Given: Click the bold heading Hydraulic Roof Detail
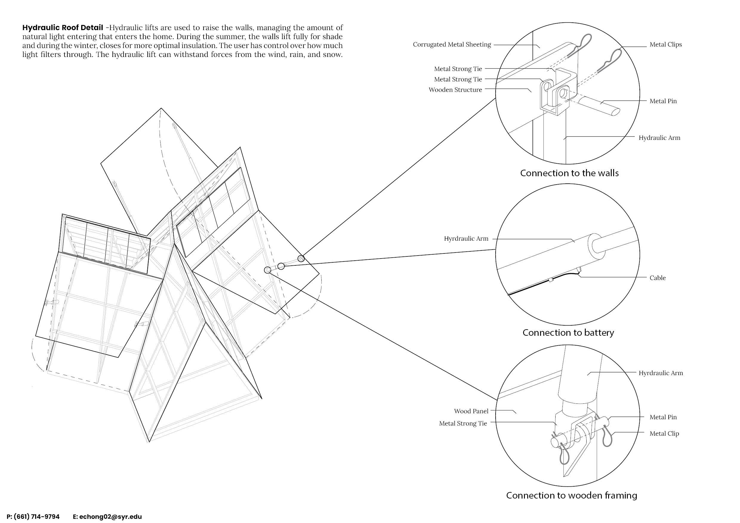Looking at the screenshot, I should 63,28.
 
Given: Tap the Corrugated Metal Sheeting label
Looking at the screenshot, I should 452,45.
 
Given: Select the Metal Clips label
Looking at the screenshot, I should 665,45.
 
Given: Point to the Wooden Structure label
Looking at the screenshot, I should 455,90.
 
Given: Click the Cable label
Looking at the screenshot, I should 657,278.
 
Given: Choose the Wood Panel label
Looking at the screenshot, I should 471,411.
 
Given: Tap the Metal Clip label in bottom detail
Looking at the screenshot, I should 664,434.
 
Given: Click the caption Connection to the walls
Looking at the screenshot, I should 569,173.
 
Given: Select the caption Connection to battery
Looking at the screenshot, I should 568,333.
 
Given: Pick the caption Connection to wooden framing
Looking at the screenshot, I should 571,495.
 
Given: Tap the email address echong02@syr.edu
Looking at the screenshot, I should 110,517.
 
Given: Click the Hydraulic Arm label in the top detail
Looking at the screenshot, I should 659,138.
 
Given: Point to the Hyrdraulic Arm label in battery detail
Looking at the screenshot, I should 466,239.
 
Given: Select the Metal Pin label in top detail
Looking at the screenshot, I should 663,101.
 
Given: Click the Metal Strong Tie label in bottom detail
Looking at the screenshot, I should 463,423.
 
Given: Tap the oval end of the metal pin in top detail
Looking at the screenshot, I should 615,112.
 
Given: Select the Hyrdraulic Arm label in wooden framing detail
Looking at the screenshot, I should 661,373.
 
